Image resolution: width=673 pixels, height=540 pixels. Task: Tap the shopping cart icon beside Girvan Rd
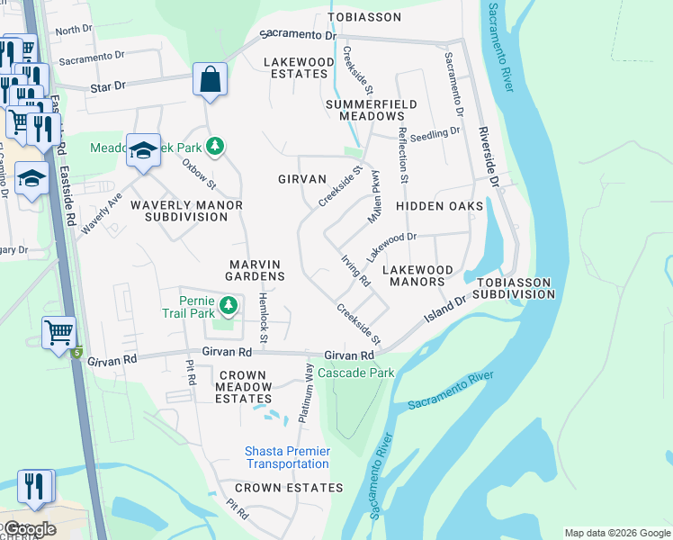[x=58, y=332]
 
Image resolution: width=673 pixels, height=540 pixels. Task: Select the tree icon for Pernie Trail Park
[x=229, y=305]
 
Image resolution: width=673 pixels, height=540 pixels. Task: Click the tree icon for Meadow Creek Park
[x=214, y=145]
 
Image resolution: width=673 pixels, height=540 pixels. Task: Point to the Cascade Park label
[x=355, y=373]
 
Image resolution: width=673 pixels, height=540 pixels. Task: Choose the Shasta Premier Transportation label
[x=287, y=457]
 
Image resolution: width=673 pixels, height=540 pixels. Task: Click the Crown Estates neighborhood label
[x=296, y=488]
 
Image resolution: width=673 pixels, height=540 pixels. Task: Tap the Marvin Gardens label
[x=256, y=269]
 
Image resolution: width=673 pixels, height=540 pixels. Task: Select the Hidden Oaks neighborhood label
[x=440, y=206]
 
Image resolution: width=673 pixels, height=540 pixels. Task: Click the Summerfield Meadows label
[x=372, y=110]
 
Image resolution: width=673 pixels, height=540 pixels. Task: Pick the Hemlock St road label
[x=263, y=317]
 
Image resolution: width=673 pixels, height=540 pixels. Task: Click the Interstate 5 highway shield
[x=77, y=352]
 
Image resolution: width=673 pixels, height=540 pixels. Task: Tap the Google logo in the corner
[x=29, y=529]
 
